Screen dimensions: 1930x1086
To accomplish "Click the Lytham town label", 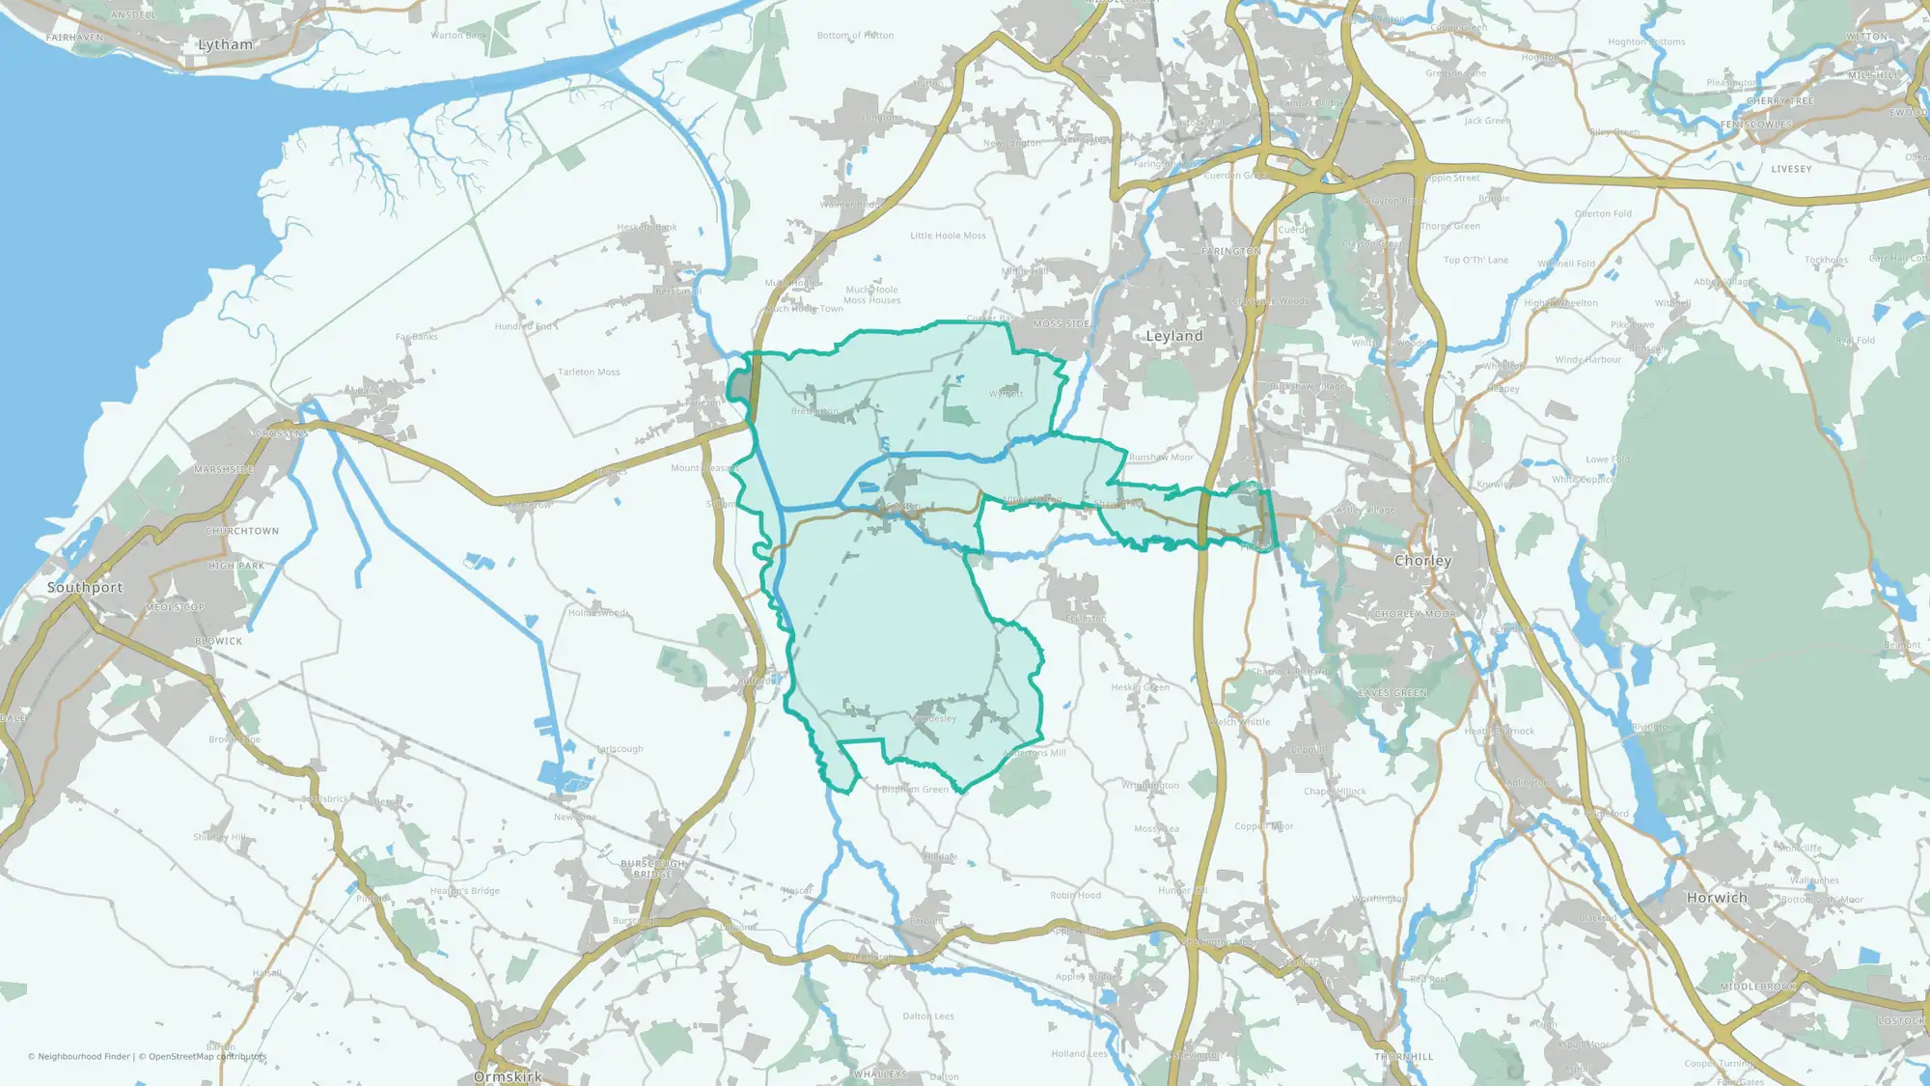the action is click(x=225, y=44).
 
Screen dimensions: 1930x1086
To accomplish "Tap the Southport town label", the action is click(x=85, y=587).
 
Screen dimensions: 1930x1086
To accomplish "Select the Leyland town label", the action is click(x=1173, y=336).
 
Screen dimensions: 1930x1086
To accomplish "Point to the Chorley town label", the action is click(x=1422, y=561).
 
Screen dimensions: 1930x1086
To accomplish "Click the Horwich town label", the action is click(x=1717, y=898).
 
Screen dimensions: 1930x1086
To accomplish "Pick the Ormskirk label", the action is click(x=508, y=1075).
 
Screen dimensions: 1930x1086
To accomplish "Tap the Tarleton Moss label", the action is click(x=589, y=372).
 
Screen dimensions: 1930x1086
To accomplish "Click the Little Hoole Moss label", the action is click(x=948, y=236).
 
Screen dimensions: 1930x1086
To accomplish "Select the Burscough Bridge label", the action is click(x=652, y=869).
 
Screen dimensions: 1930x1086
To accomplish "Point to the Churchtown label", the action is click(x=241, y=531).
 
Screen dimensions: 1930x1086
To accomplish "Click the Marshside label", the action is click(x=224, y=470).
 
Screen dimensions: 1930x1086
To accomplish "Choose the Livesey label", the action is click(x=1791, y=169).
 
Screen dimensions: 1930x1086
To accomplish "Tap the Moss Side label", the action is click(x=1061, y=324).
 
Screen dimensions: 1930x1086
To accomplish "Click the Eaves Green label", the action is click(x=1392, y=693).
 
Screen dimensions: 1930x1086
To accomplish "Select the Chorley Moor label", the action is click(x=1415, y=614).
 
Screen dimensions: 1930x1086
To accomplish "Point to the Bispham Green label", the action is click(x=915, y=790).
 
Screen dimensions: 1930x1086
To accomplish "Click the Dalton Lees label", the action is click(x=928, y=1016).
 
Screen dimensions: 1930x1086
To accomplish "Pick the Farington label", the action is click(x=1230, y=251).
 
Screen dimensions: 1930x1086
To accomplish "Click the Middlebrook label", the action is click(x=1758, y=987).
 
